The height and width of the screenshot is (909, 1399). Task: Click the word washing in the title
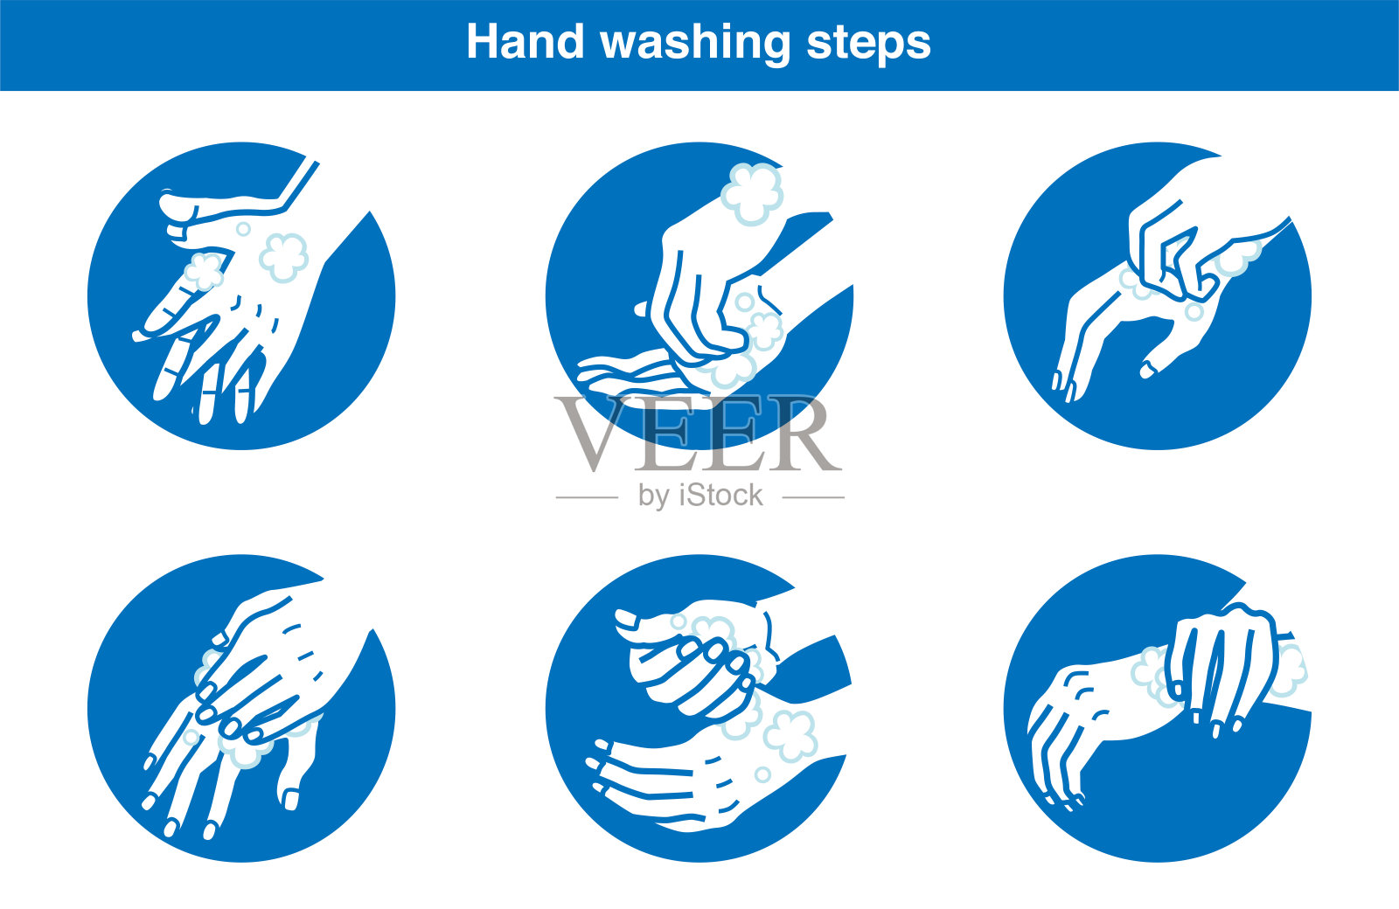point(696,44)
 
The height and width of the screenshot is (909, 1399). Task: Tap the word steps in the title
point(869,45)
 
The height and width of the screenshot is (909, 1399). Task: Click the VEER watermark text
point(698,434)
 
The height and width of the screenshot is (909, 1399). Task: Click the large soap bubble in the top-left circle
point(283,257)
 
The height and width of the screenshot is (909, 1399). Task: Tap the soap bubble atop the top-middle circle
point(752,193)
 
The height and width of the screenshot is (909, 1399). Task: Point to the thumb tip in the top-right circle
point(1149,371)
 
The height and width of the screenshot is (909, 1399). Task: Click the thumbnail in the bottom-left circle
point(291,799)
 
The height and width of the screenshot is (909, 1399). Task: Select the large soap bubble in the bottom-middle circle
point(790,735)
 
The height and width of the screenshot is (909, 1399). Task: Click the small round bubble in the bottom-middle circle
point(762,774)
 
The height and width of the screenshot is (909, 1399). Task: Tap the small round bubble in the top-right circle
point(1194,311)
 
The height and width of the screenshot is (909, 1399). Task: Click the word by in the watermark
point(652,497)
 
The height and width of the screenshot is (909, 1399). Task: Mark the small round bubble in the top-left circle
point(243,229)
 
